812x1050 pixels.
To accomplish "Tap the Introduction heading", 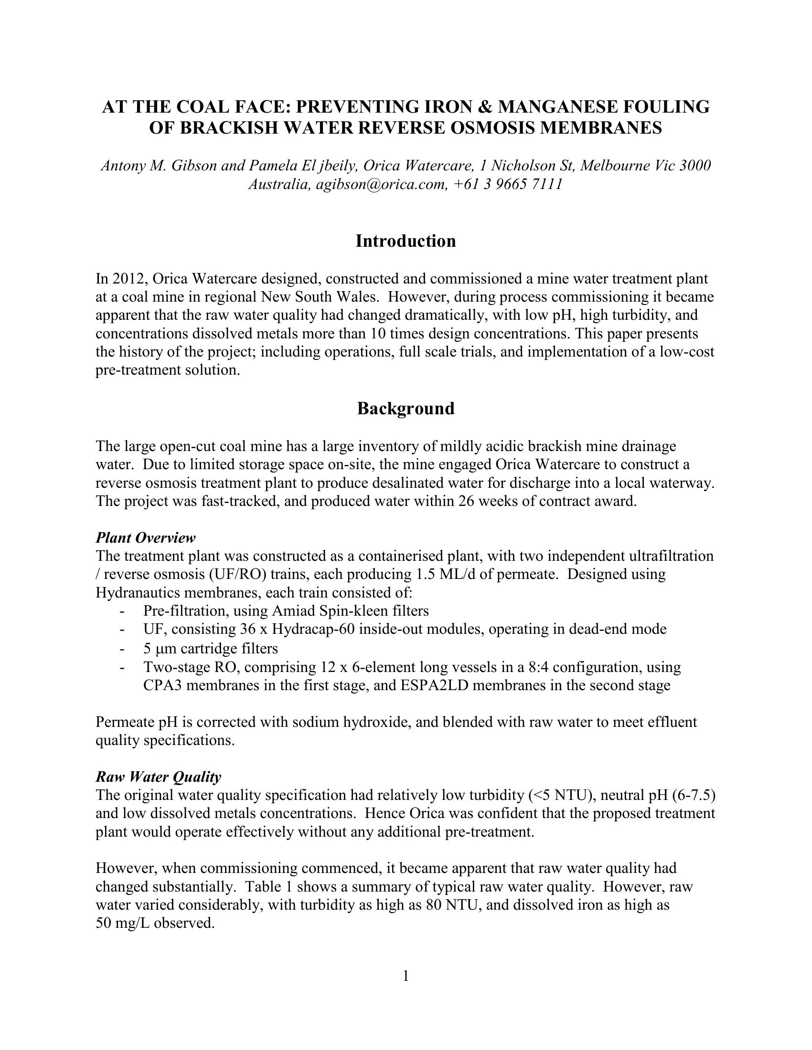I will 406,241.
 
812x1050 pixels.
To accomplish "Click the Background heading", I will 406,408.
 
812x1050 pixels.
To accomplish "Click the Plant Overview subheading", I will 145,537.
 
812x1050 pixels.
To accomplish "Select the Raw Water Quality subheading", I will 158,777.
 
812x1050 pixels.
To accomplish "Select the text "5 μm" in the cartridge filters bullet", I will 160,649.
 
